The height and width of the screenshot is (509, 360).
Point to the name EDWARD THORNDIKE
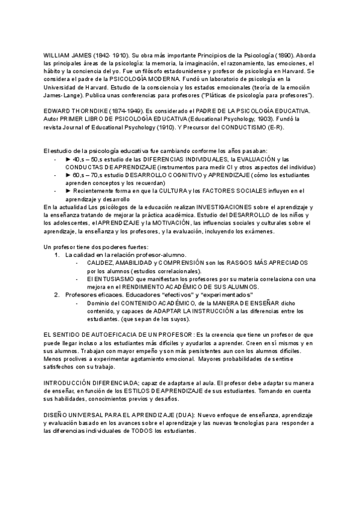[x=76, y=112]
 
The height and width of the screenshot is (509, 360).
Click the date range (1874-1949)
[x=126, y=112]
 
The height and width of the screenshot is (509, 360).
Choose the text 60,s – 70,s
[x=87, y=175]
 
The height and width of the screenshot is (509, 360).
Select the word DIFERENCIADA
[x=109, y=382]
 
